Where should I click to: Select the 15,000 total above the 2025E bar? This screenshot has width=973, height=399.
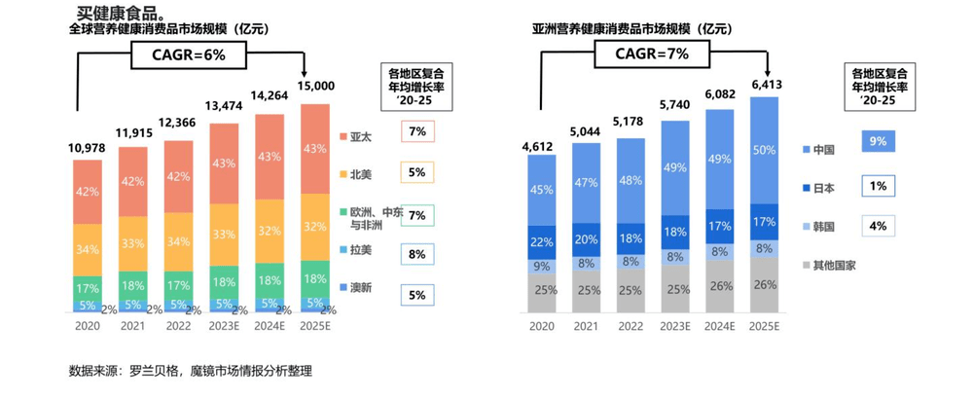coord(316,86)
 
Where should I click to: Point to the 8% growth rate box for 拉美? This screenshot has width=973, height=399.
coord(416,254)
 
